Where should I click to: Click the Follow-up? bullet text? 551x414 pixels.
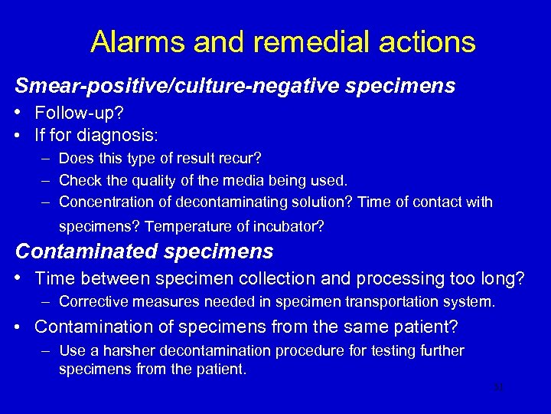point(78,113)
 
